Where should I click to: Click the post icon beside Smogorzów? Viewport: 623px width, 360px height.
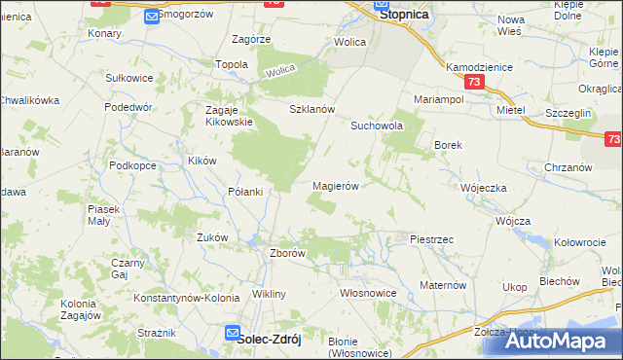click(151, 16)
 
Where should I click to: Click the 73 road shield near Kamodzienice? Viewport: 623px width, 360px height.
click(473, 84)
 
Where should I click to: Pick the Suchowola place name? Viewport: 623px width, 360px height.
click(377, 126)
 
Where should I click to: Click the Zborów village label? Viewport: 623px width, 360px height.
click(287, 253)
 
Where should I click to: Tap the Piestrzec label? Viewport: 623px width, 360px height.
click(432, 238)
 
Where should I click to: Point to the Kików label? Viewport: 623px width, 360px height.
click(202, 161)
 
